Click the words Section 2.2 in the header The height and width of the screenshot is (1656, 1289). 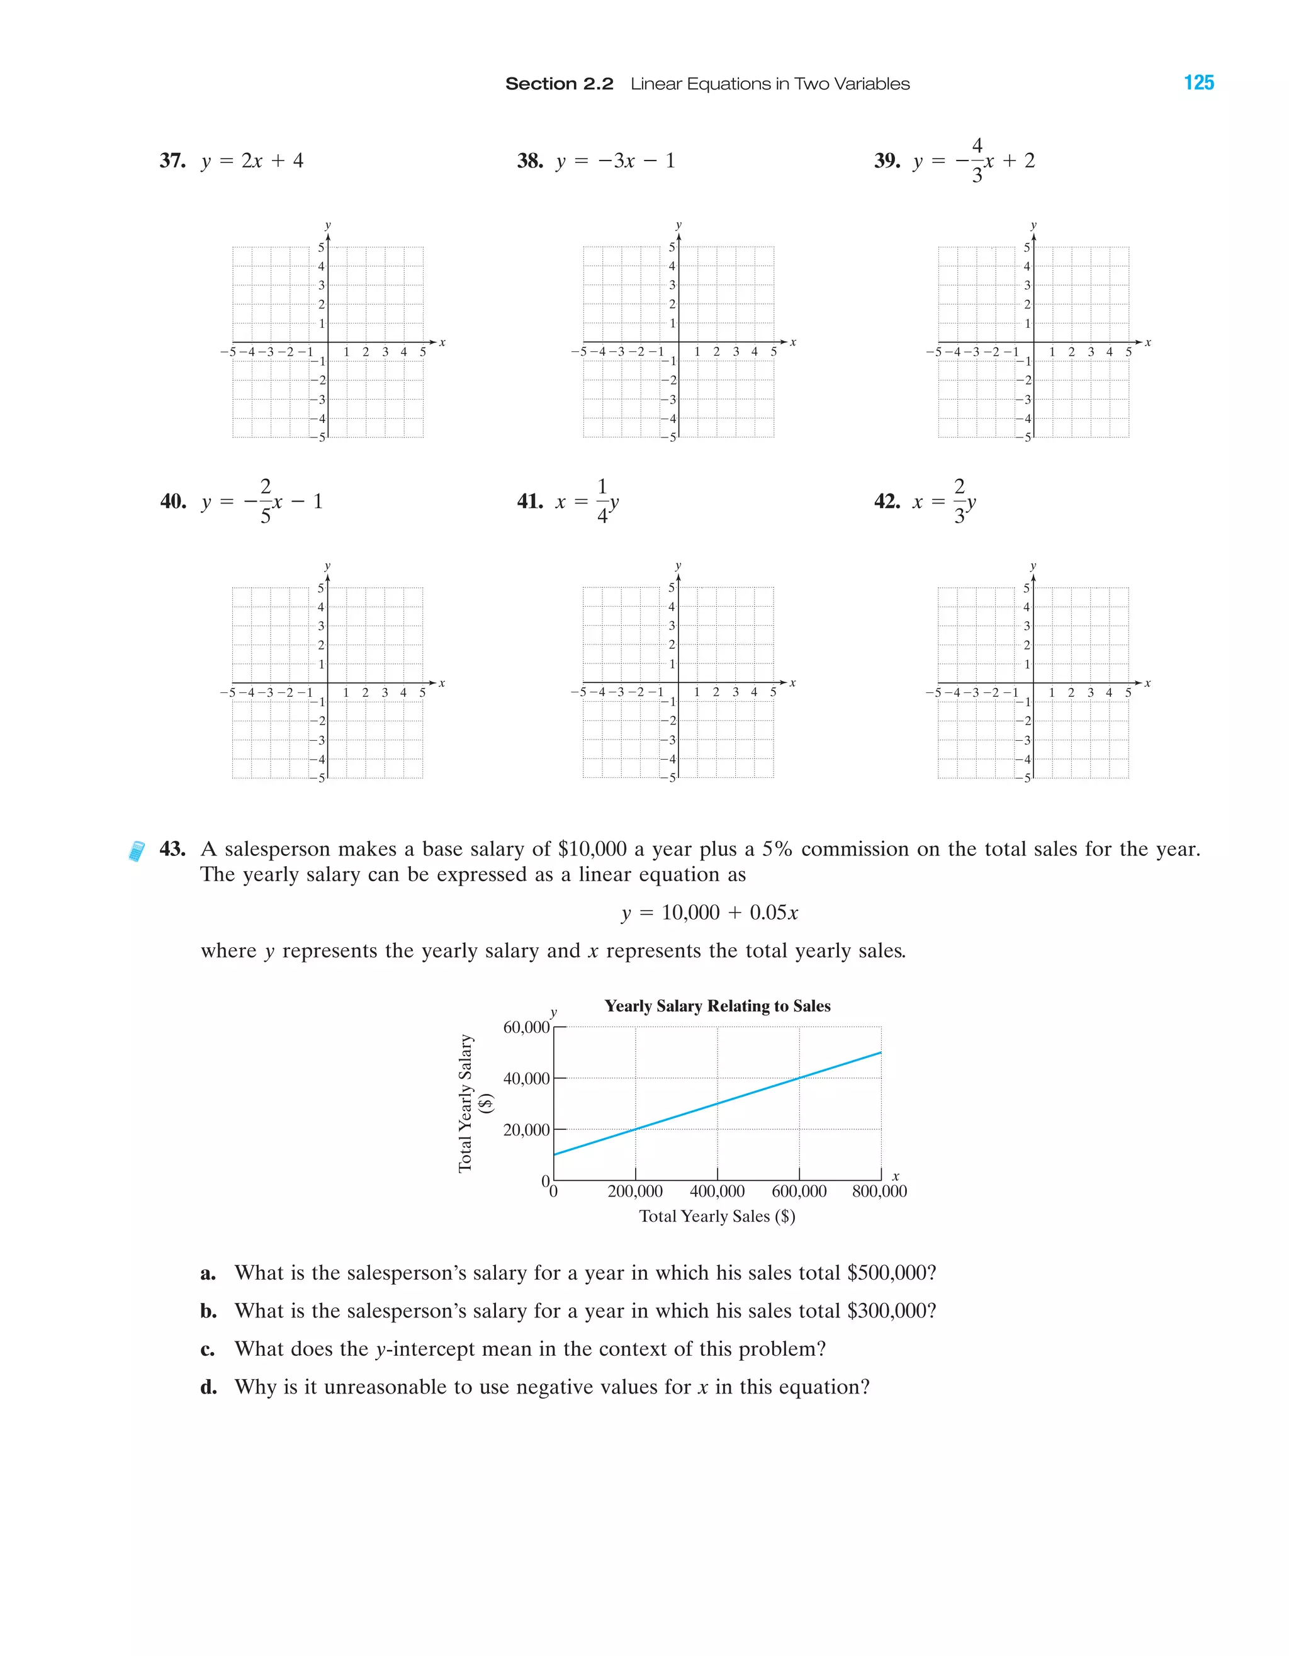[559, 84]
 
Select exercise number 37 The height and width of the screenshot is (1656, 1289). [172, 161]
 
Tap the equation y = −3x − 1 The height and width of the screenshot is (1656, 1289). [615, 161]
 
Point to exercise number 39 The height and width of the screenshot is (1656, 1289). [886, 161]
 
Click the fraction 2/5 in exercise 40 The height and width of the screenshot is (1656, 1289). [266, 501]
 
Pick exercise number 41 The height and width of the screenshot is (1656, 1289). [529, 501]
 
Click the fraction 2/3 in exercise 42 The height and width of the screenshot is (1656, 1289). [959, 501]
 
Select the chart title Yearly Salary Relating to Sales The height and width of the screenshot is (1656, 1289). [718, 1006]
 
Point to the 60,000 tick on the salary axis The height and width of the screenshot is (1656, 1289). [526, 1027]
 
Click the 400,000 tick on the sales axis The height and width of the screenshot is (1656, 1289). [718, 1191]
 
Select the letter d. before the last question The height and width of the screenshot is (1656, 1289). [208, 1388]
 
